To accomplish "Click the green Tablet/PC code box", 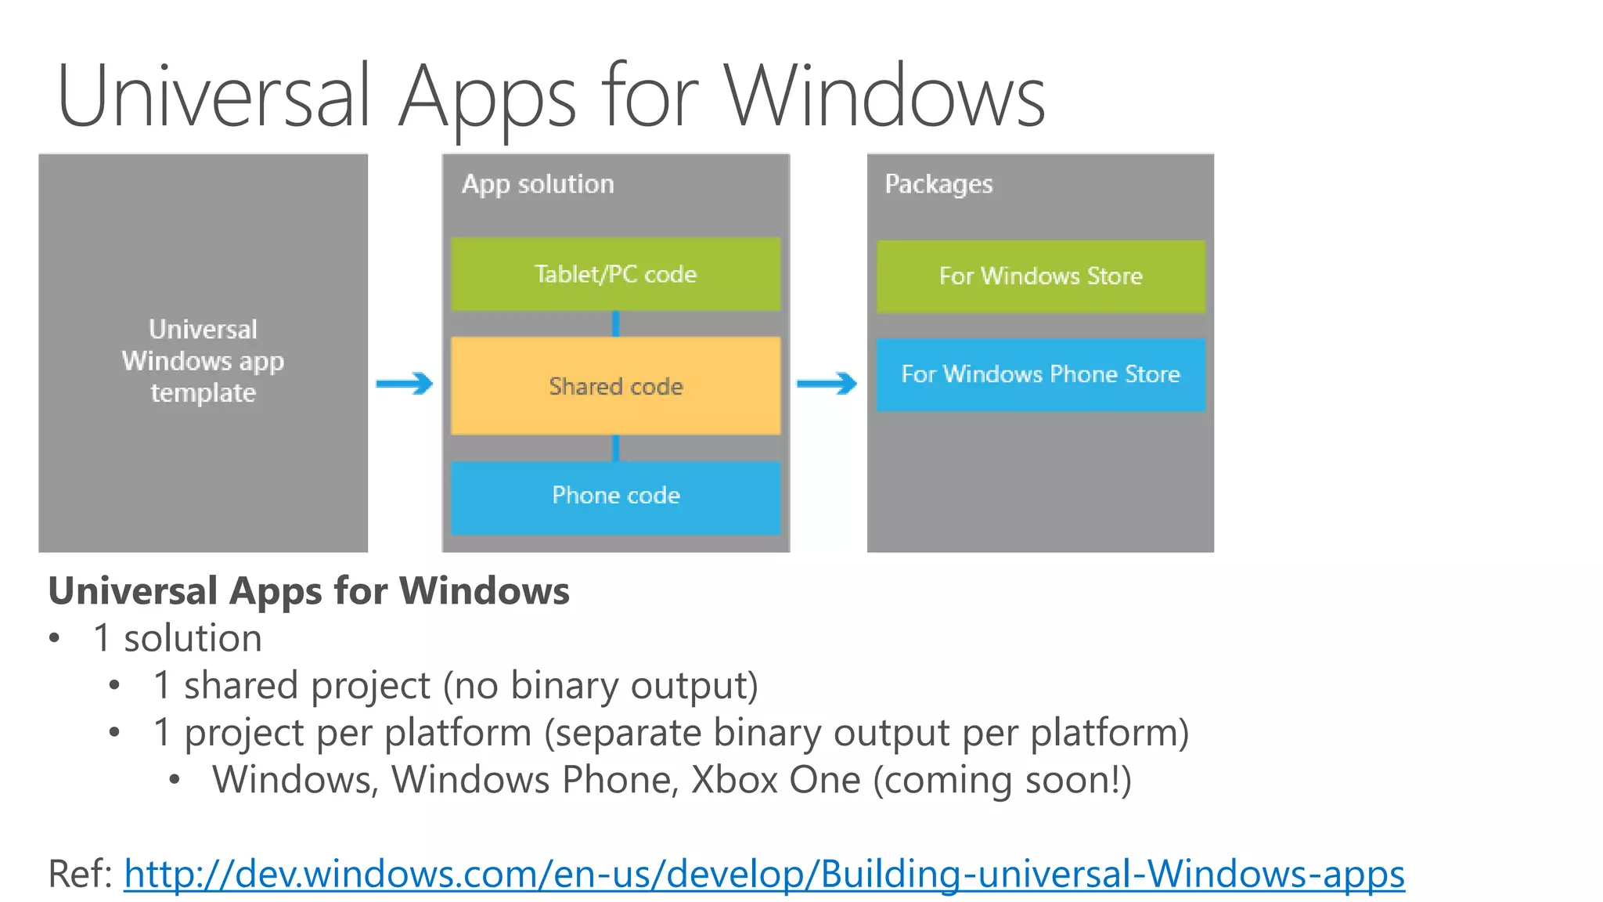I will coord(615,274).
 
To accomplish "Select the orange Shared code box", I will coord(615,386).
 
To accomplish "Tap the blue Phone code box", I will coord(615,496).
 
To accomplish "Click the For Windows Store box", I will coord(1040,276).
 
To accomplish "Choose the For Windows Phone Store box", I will coord(1040,374).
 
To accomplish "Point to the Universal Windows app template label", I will coord(203,361).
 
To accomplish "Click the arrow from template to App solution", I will coord(405,384).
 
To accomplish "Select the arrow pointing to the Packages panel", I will coord(827,384).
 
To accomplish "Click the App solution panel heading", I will coord(538,184).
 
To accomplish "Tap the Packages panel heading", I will coord(938,184).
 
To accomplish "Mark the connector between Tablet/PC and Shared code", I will coord(616,323).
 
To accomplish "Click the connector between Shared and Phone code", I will coord(616,448).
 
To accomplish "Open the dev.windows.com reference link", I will coord(764,874).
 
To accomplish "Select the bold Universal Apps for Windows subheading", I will coord(308,590).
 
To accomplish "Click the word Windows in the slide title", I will coord(884,97).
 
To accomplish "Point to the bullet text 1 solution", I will coord(178,638).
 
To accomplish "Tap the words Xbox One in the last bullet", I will coord(776,780).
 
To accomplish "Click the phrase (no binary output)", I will coord(601,686).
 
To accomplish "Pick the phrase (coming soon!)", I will coord(1003,780).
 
